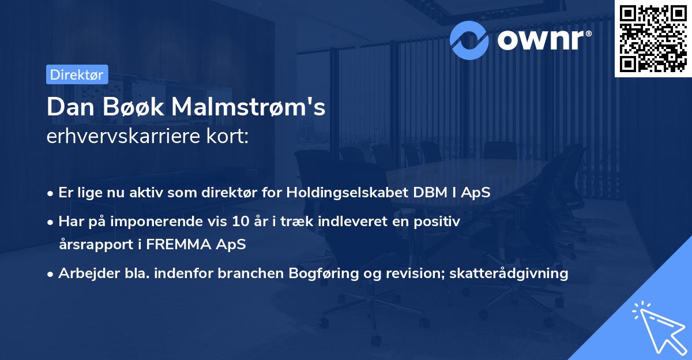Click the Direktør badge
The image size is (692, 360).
pyautogui.click(x=77, y=74)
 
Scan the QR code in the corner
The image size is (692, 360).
pyautogui.click(x=653, y=38)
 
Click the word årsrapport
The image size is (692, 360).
pyautogui.click(x=94, y=244)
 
